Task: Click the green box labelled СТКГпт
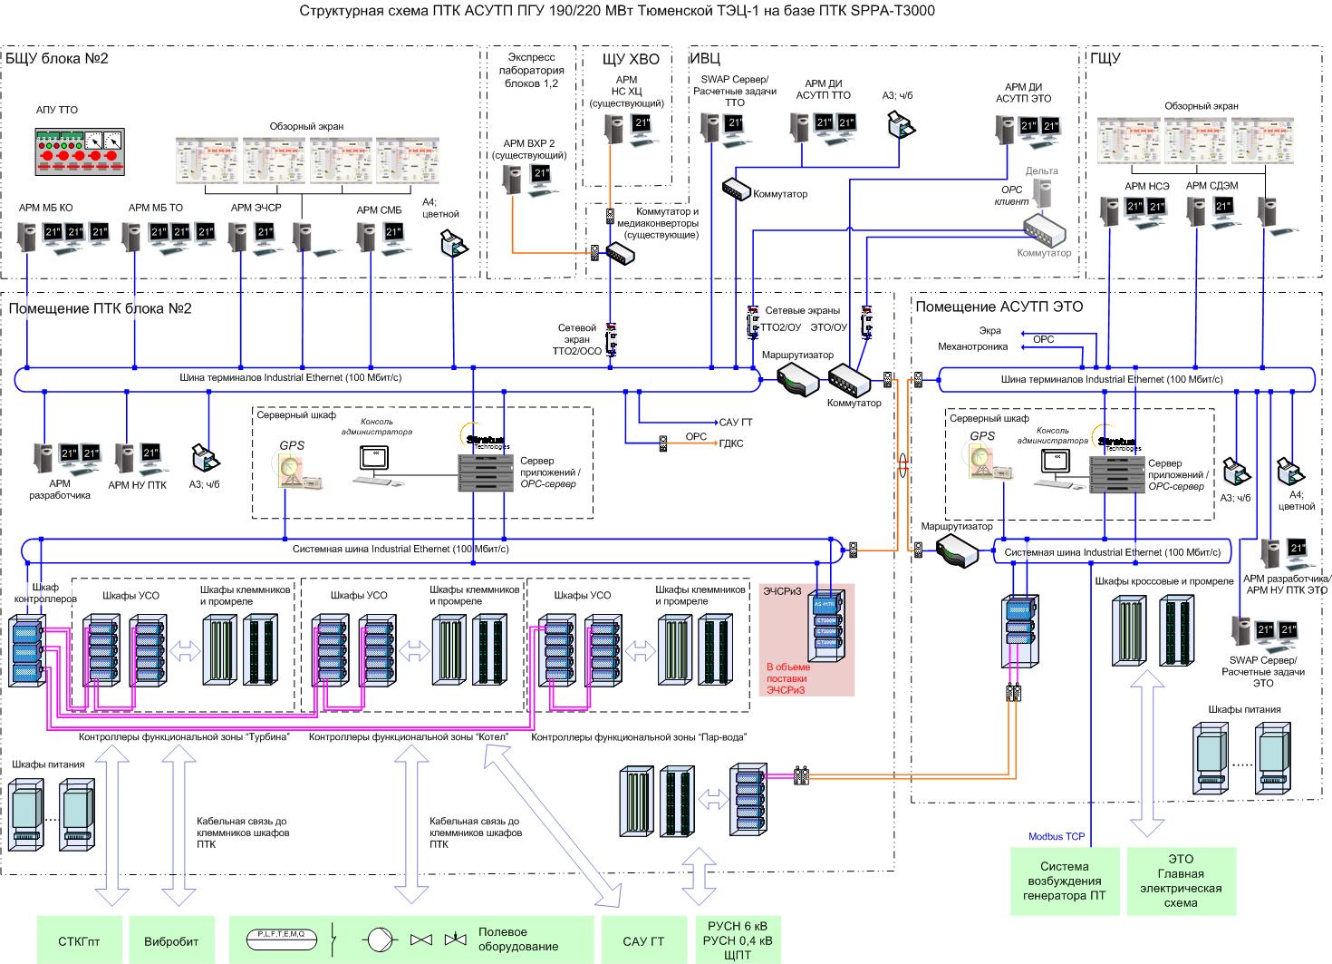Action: [79, 940]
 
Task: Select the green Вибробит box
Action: [171, 940]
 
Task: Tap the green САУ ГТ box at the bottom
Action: [643, 940]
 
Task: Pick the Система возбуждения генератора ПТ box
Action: [1065, 881]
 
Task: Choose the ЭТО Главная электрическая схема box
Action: [1180, 881]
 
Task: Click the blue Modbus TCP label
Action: [1057, 836]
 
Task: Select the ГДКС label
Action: [731, 443]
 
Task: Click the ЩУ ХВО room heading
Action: [631, 59]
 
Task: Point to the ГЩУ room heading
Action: [1105, 59]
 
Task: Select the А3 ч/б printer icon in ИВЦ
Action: [899, 122]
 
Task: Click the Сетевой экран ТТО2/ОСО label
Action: [577, 339]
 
